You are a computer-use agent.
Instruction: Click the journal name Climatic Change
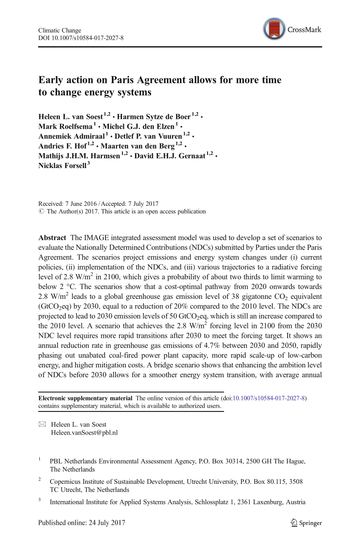pyautogui.click(x=59, y=30)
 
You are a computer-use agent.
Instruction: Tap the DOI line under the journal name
pyautogui.click(x=80, y=38)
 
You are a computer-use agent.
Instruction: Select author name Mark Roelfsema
pyautogui.click(x=65, y=127)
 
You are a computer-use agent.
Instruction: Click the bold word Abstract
pyautogui.click(x=52, y=238)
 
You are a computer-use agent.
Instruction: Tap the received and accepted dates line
pyautogui.click(x=98, y=204)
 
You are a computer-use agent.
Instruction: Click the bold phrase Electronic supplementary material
pyautogui.click(x=85, y=398)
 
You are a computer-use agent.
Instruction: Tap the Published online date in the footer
pyautogui.click(x=82, y=523)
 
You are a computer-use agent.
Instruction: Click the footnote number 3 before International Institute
pyautogui.click(x=40, y=500)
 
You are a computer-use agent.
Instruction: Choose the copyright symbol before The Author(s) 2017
pyautogui.click(x=41, y=212)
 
